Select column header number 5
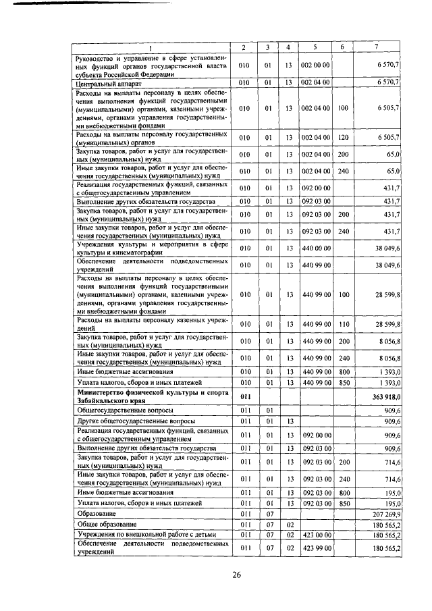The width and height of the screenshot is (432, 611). (x=315, y=47)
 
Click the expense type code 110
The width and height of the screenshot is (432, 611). (x=343, y=324)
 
